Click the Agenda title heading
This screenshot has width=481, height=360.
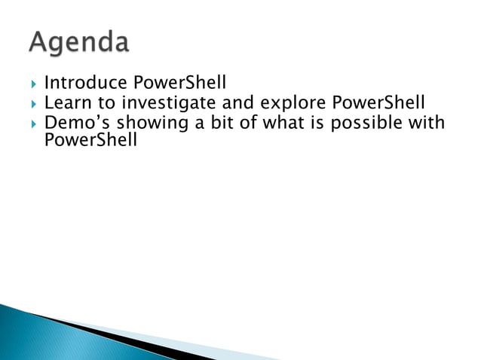79,43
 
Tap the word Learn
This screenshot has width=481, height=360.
65,102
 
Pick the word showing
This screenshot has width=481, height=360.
150,124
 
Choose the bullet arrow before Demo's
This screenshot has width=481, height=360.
31,124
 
